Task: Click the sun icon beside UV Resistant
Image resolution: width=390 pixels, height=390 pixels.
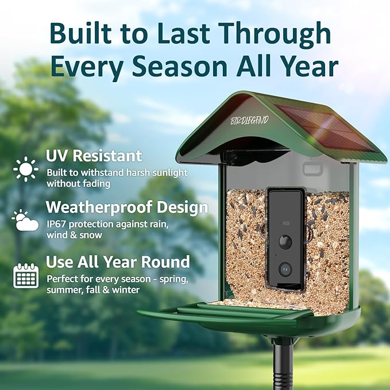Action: coord(26,169)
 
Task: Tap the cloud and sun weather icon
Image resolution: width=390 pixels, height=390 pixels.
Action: coord(26,220)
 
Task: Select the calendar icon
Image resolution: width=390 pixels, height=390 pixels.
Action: coord(26,276)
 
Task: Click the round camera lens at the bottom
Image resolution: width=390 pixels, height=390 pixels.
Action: coord(285,268)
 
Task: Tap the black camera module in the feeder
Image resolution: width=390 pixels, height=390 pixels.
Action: coord(285,240)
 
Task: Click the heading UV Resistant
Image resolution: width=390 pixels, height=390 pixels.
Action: coord(94,156)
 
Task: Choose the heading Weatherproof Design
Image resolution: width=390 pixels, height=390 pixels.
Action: coord(127,206)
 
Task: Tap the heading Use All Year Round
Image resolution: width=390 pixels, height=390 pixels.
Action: coord(118,262)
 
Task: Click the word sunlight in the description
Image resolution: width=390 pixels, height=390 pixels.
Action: coord(169,172)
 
